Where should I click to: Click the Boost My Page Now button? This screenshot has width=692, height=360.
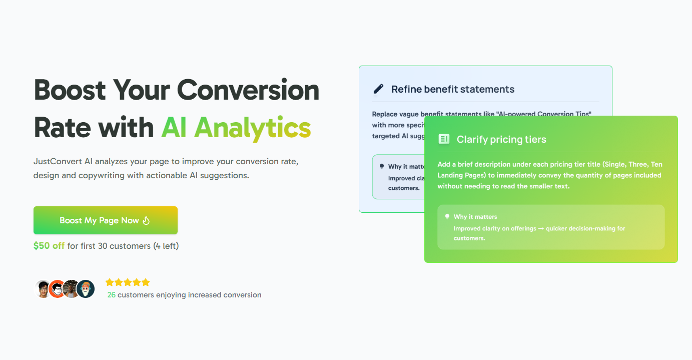coord(105,220)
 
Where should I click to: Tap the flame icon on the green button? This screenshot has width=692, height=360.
coord(146,220)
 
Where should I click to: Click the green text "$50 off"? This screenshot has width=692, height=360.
coord(49,246)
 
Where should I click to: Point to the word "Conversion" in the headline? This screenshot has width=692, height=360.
coord(248,90)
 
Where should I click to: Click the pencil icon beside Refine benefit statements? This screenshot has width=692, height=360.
coord(378,89)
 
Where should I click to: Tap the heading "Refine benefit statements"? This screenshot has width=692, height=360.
coord(452,89)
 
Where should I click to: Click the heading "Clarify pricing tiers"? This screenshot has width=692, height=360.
coord(501,139)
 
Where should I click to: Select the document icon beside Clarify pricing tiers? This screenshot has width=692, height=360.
coord(444,139)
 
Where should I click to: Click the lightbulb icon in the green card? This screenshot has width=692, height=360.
coord(447,217)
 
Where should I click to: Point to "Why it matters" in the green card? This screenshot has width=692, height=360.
coord(475,217)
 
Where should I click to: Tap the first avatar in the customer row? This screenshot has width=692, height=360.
coord(43,289)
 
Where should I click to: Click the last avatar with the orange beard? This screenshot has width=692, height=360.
coord(86,289)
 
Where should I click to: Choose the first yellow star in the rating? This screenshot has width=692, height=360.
coord(110,282)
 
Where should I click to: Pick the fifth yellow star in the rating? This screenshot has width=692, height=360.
coord(146,282)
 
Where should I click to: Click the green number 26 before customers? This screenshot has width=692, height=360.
coord(111,295)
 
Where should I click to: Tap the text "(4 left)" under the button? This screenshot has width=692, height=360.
coord(166,246)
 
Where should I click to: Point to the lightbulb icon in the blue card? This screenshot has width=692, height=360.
coord(382,167)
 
